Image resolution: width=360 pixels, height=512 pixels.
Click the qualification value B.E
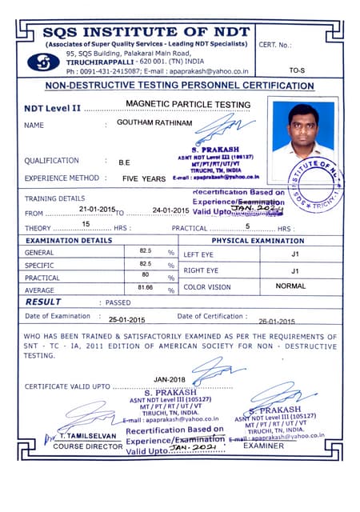click(x=125, y=162)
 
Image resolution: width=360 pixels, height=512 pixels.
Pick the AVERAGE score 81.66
click(x=145, y=286)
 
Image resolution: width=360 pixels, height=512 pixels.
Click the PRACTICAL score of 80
click(x=145, y=274)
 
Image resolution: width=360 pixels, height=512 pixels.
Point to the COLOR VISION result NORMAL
click(x=289, y=286)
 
